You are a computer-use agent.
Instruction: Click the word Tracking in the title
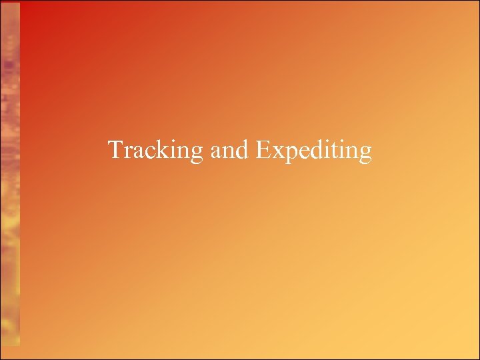coord(155,150)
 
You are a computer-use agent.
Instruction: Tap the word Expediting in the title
coord(313,151)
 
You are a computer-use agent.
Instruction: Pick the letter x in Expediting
coord(274,152)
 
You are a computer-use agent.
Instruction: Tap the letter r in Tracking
coord(127,152)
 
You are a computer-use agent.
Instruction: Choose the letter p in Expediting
coord(286,154)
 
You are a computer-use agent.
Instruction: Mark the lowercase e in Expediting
coord(298,152)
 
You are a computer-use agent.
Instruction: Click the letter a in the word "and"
coord(215,152)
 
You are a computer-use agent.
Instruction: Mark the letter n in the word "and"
coord(227,152)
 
